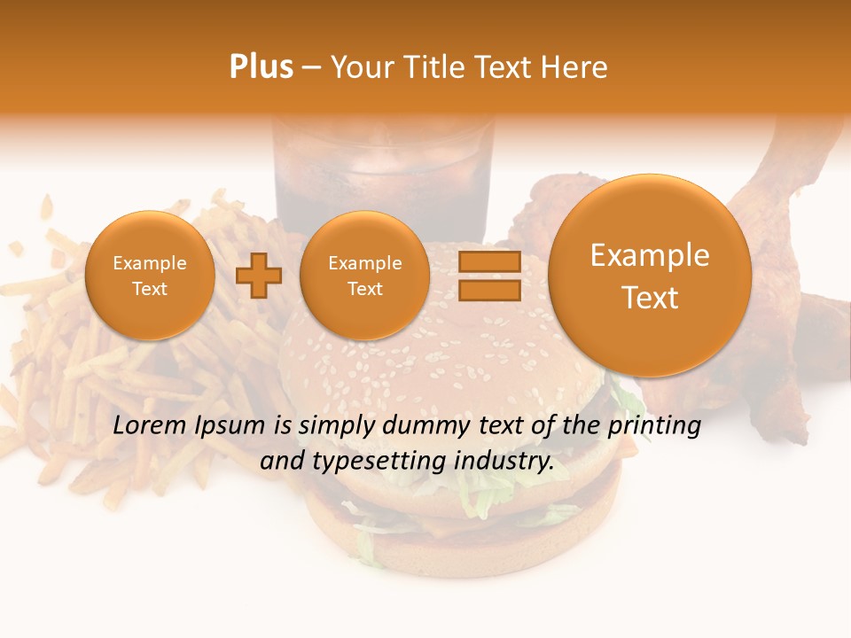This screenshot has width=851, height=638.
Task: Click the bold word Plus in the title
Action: coord(261,67)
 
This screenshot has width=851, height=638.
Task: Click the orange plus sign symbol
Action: coord(259,276)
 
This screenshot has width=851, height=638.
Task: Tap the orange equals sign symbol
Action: coord(489,276)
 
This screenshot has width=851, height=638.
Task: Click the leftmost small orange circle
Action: coord(150,276)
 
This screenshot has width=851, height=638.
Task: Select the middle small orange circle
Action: coord(365,276)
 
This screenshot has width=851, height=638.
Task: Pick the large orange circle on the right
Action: coord(650,276)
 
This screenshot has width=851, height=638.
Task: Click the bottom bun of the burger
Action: coord(443,541)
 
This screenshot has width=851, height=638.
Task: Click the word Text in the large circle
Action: coord(650,298)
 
